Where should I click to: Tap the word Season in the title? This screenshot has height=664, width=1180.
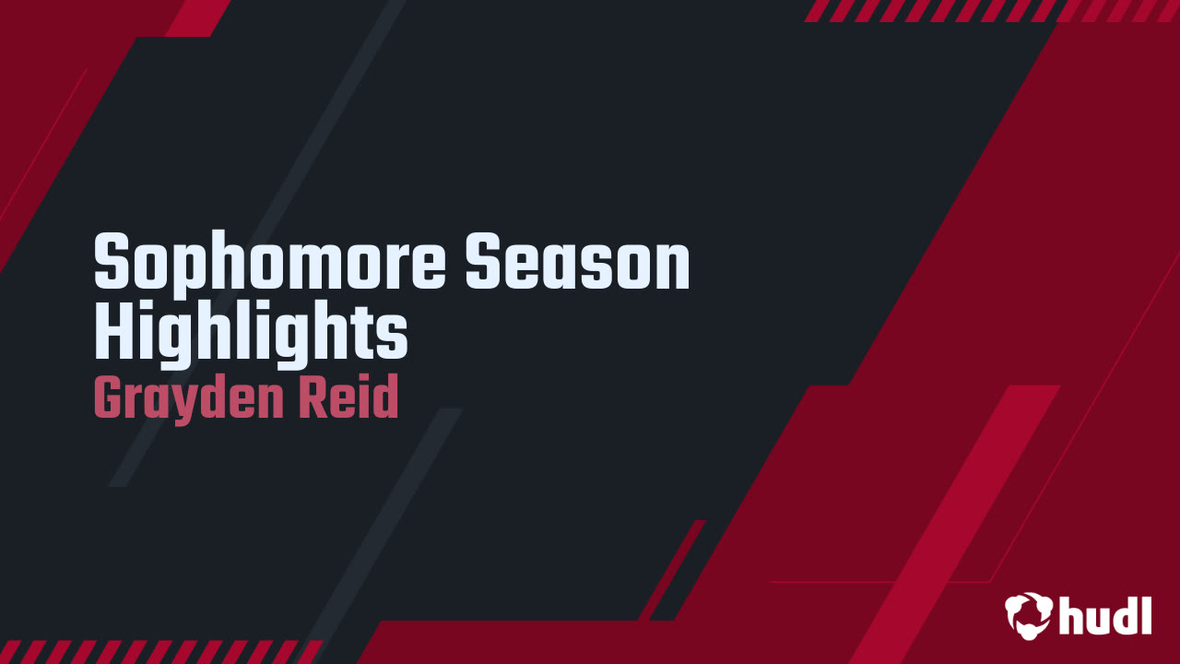[x=577, y=261]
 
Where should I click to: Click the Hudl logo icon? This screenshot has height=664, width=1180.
[x=1028, y=616]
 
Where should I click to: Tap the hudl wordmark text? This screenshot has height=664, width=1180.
[x=1105, y=616]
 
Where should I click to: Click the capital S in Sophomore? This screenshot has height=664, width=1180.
[x=112, y=261]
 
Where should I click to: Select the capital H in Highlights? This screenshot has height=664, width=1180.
[x=113, y=329]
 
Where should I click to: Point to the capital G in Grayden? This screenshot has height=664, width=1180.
[x=109, y=397]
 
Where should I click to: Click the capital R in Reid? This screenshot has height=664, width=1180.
[x=314, y=397]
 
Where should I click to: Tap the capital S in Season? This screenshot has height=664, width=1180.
[x=483, y=261]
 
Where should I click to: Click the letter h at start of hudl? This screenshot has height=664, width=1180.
[x=1073, y=616]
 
